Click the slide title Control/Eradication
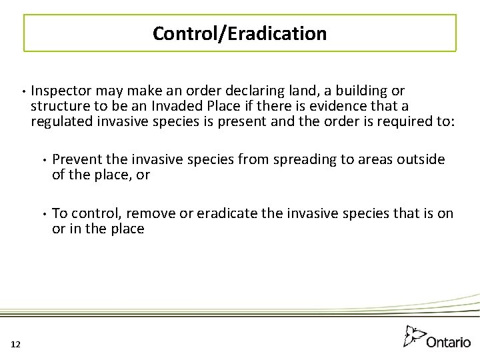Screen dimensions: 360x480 [239, 33]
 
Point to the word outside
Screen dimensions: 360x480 [418, 160]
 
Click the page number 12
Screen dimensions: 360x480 [16, 343]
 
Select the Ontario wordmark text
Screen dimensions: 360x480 [448, 341]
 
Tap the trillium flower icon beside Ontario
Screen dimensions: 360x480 [415, 335]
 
